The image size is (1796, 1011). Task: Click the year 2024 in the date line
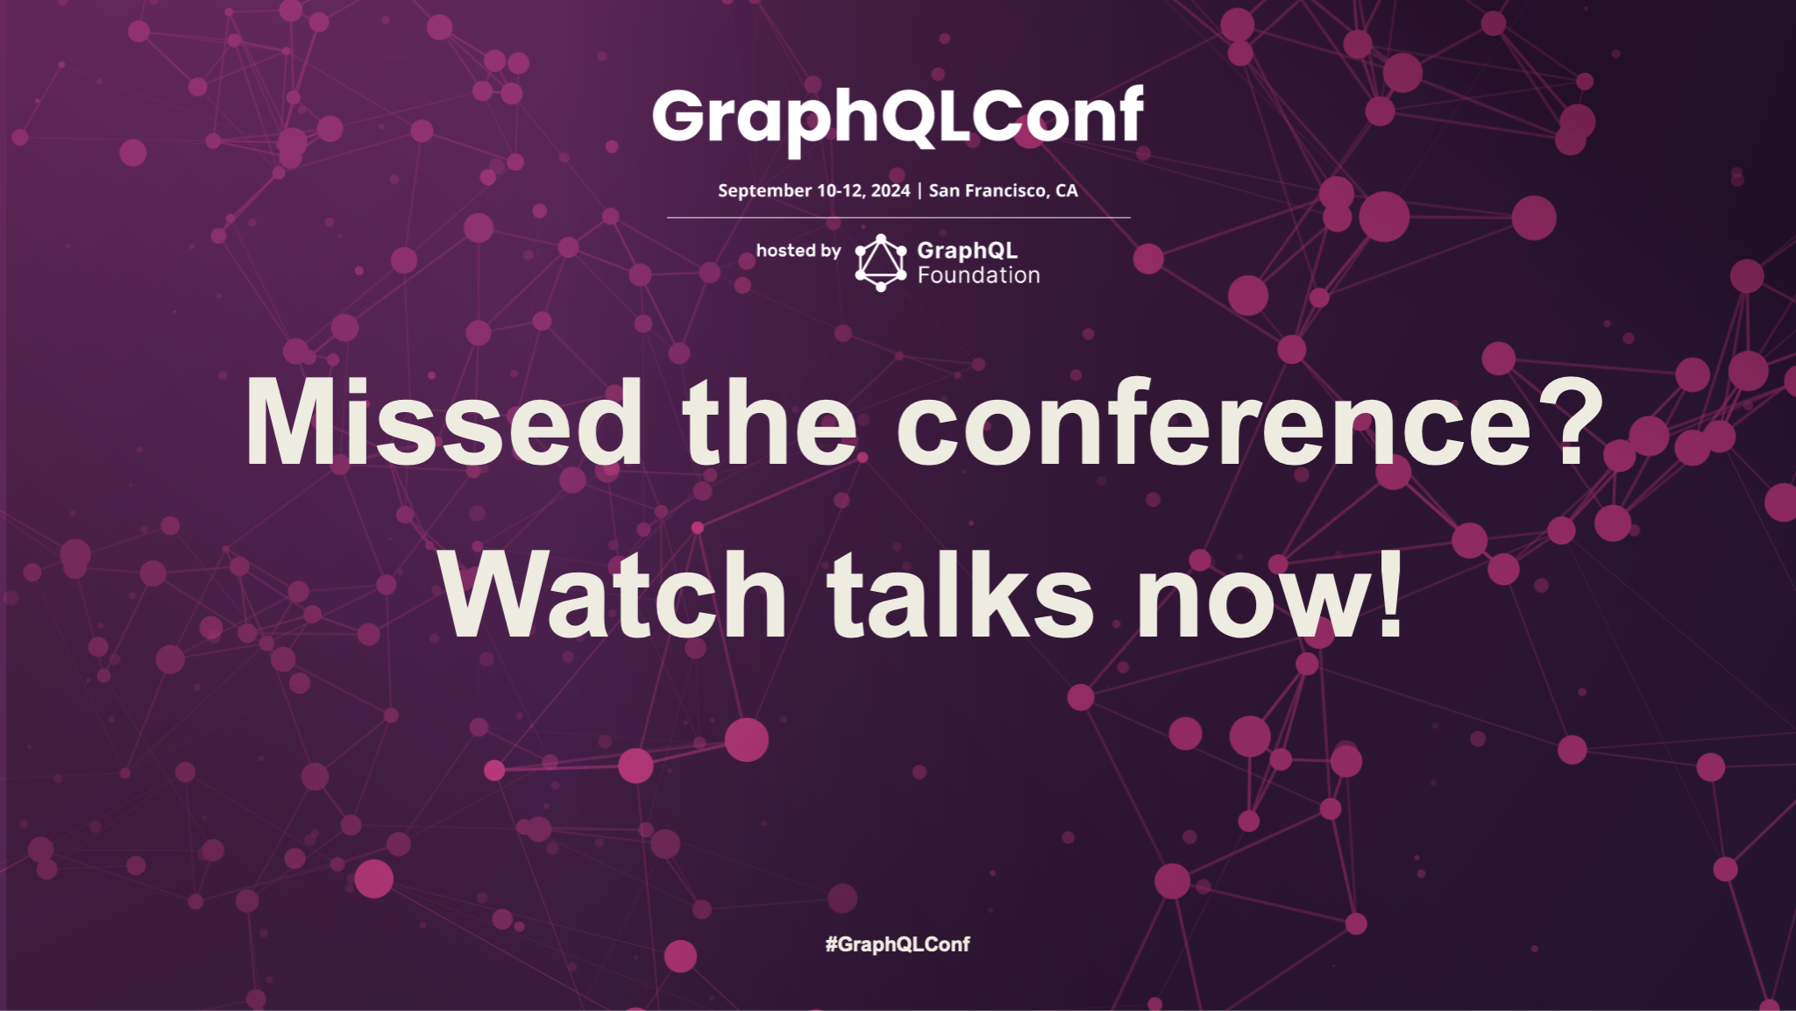[x=891, y=191]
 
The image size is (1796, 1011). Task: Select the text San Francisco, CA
[x=1003, y=191]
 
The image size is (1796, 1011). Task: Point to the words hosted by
[x=798, y=251]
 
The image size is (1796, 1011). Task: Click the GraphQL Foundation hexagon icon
[x=880, y=262]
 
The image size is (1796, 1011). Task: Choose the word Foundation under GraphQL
[x=978, y=275]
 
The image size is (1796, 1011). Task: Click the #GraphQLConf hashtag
[x=898, y=944]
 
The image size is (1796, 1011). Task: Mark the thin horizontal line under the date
[x=898, y=217]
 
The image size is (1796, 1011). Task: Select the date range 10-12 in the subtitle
[x=840, y=191]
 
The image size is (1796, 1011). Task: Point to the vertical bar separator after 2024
[x=919, y=191]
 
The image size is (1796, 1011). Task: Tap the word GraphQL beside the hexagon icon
[x=967, y=251]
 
